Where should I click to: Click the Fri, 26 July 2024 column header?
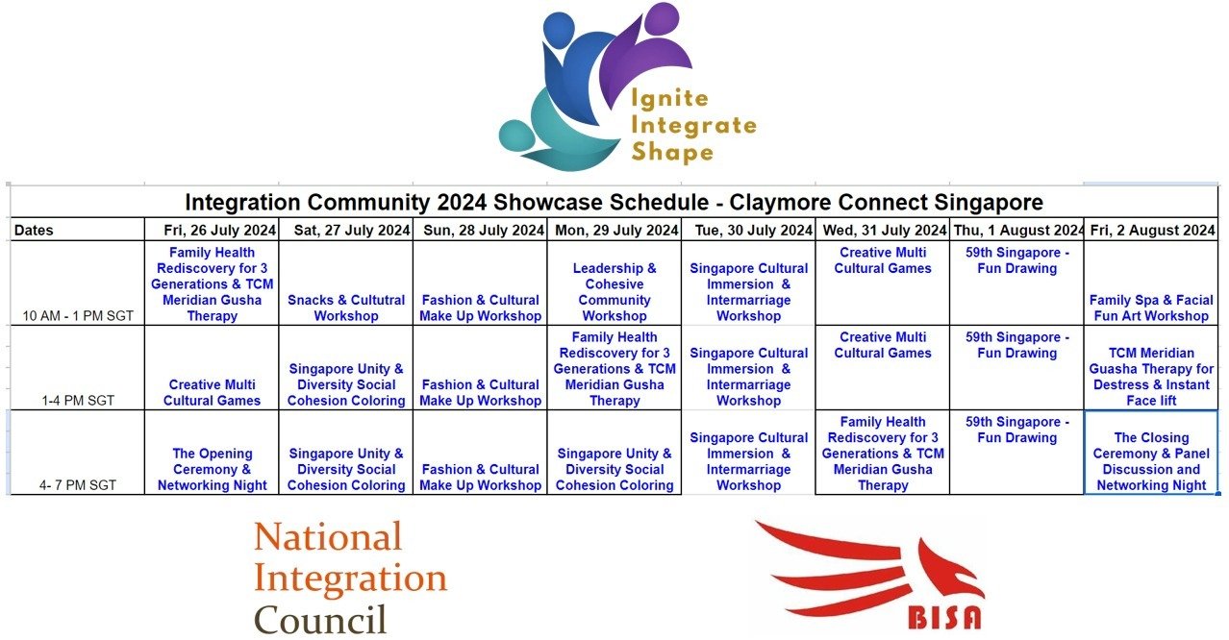[x=219, y=230]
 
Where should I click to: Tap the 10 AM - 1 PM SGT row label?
[x=78, y=316]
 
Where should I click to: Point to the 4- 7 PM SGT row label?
[x=78, y=485]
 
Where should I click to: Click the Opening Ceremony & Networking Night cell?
[x=213, y=470]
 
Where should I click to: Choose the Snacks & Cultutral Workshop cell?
[x=346, y=308]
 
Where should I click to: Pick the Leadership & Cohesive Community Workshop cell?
[x=614, y=292]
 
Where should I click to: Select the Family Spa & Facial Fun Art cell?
[x=1151, y=308]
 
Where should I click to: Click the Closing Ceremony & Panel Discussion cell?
[x=1151, y=461]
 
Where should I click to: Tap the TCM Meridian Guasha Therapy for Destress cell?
[x=1151, y=377]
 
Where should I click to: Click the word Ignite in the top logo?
[x=670, y=99]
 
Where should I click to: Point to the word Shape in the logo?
[x=672, y=152]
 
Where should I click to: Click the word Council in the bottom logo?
[x=320, y=620]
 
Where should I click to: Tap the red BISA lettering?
[x=944, y=617]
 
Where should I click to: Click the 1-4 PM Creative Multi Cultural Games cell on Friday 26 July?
[x=213, y=393]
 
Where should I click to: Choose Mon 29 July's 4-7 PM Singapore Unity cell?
[x=614, y=470]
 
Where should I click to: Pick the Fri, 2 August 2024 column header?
[x=1152, y=230]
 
